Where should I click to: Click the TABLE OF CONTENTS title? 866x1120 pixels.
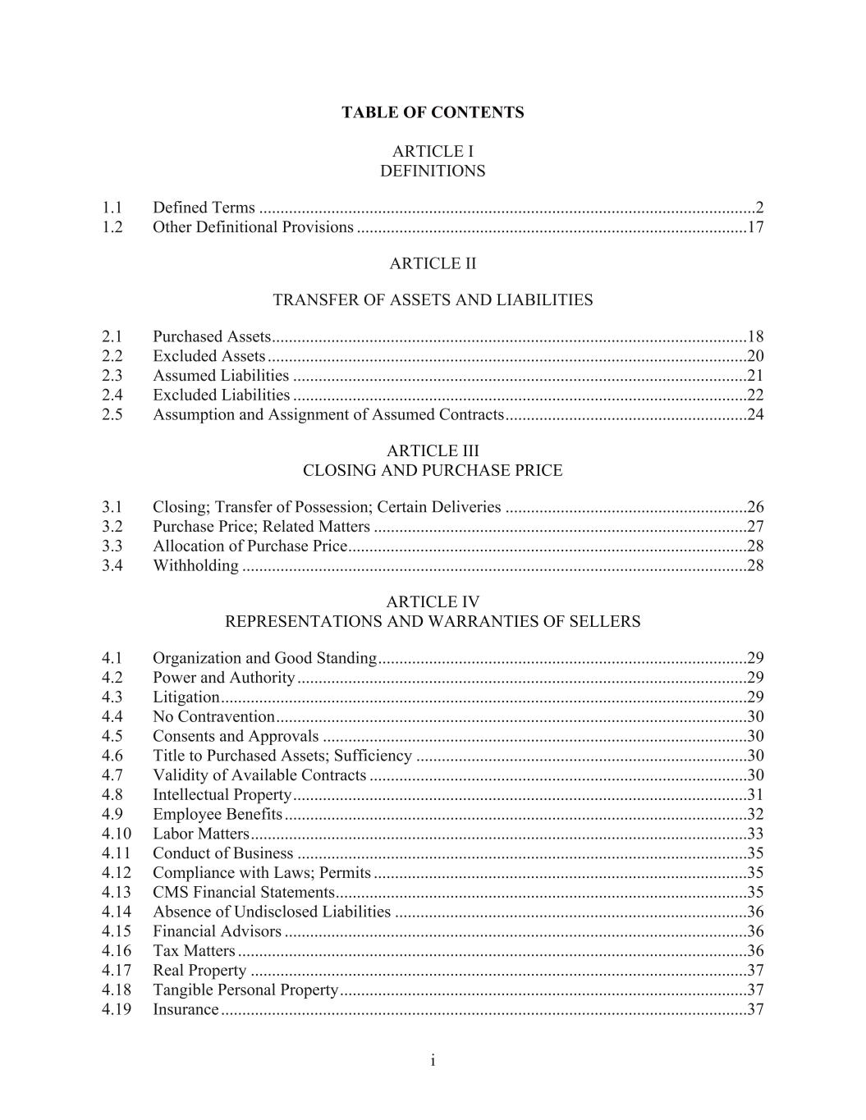[x=433, y=112]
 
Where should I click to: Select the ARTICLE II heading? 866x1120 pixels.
[x=433, y=263]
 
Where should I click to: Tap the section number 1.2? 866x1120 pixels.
[x=112, y=227]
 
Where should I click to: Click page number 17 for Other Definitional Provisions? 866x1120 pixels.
[x=755, y=227]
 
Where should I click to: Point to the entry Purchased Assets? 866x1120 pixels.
[x=212, y=336]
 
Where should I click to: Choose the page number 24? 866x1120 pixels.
[x=755, y=414]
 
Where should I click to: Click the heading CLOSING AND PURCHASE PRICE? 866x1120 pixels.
[x=433, y=471]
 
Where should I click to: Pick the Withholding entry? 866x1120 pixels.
[x=195, y=566]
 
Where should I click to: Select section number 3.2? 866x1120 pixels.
[x=112, y=527]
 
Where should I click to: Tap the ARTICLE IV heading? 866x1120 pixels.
[x=433, y=602]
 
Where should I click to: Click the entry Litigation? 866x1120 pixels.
[x=186, y=697]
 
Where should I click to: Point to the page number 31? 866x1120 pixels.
[x=755, y=795]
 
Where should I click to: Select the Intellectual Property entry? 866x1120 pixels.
[x=222, y=795]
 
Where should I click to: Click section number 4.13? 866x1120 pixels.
[x=117, y=893]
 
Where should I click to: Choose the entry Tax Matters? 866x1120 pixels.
[x=194, y=951]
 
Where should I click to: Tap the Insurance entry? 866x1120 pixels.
[x=186, y=1010]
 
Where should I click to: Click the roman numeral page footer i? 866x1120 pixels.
[x=433, y=1062]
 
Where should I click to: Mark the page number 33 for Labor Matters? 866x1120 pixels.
[x=755, y=834]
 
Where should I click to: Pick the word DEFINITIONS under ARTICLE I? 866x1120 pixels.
[x=433, y=171]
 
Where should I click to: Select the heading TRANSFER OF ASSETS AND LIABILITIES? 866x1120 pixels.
[x=433, y=300]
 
